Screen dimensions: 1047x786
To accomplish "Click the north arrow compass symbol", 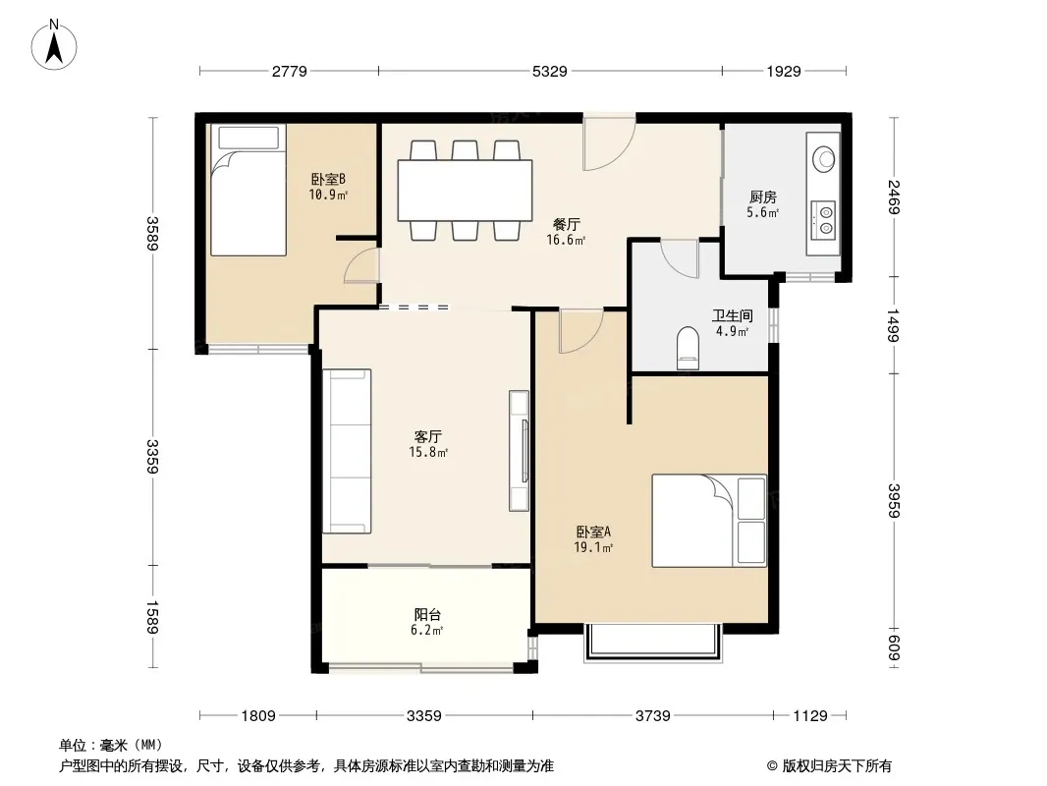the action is point(54,44).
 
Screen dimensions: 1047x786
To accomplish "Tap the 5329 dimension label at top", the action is point(550,71).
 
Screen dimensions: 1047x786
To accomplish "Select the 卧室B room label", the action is point(328,179).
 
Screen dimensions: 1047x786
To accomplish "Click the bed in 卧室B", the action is point(248,190).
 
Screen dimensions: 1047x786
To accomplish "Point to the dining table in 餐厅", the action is point(465,191).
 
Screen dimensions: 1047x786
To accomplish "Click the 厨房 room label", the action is point(762,197).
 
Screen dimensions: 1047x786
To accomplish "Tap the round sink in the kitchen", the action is point(823,159).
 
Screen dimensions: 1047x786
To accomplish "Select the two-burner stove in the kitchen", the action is point(823,220).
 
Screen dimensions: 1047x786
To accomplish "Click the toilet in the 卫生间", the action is point(688,347).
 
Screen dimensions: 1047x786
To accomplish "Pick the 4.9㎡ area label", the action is point(732,331).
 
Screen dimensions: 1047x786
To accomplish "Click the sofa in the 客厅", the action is point(347,451).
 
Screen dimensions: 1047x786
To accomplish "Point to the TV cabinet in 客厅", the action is point(519,451).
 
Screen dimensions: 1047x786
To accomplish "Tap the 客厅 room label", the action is point(427,437).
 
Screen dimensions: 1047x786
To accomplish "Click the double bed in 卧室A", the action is point(709,521).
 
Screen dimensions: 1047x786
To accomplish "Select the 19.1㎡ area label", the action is point(593,548).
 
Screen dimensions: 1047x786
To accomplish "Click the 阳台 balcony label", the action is point(427,614).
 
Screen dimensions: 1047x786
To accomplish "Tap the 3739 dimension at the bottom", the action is point(652,716).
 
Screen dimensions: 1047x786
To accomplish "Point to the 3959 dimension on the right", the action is point(895,501).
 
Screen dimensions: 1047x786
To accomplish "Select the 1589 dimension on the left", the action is point(152,617).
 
